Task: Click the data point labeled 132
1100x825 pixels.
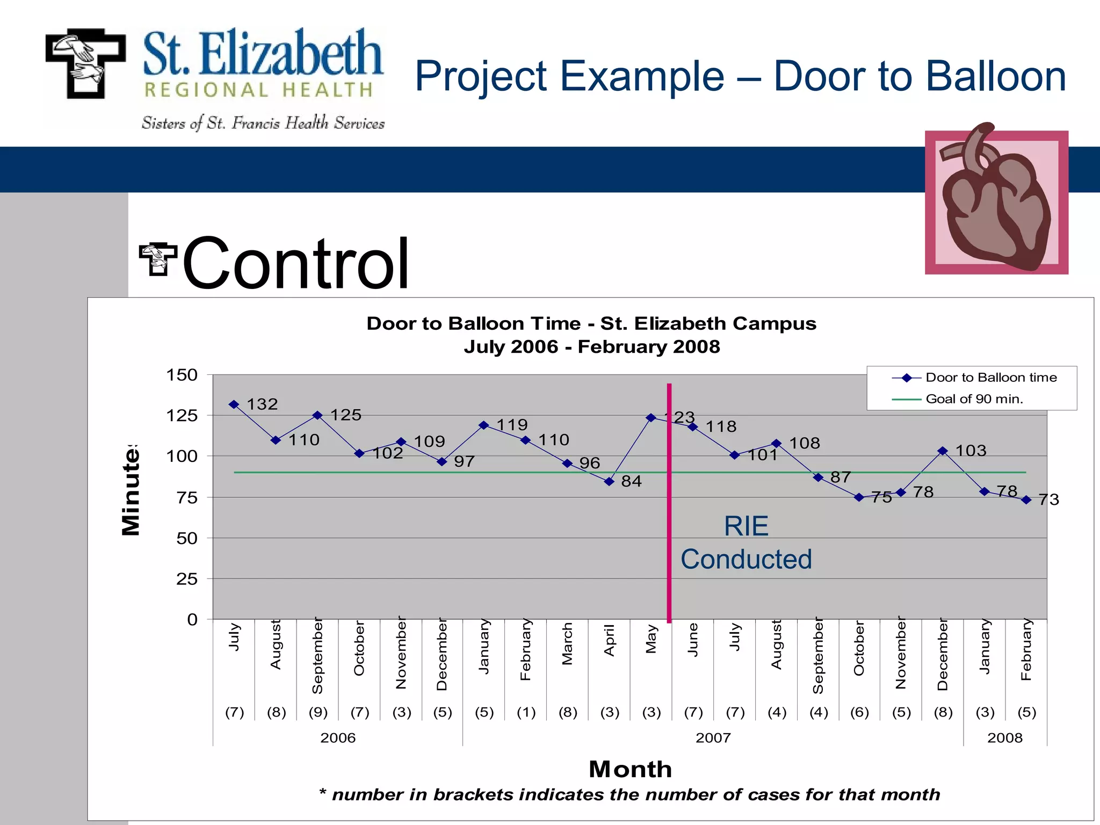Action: click(x=234, y=404)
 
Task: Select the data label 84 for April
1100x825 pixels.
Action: click(x=631, y=481)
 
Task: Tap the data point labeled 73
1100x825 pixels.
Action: click(x=1026, y=500)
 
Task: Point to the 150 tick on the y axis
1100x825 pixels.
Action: click(x=182, y=375)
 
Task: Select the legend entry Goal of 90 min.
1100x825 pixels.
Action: click(x=974, y=399)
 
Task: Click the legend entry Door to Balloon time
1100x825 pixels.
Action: click(x=990, y=378)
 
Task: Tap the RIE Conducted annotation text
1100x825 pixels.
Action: click(x=746, y=542)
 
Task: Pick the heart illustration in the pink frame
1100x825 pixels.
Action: click(x=996, y=201)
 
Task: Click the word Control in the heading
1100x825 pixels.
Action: click(x=296, y=264)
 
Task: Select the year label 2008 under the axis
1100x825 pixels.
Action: click(x=1004, y=738)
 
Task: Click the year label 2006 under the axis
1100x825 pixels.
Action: click(x=338, y=738)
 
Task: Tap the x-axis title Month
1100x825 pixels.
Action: click(x=630, y=769)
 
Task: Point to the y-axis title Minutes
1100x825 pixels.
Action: click(x=131, y=490)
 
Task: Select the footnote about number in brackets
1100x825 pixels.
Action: click(x=629, y=795)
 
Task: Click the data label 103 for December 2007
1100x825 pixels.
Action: click(x=971, y=451)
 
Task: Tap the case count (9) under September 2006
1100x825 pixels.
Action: click(x=318, y=712)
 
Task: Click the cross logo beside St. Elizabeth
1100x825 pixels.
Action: click(x=86, y=63)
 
